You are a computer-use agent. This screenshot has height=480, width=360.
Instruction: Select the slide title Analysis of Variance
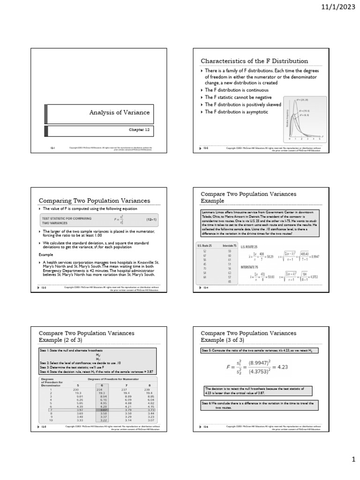pyautogui.click(x=120, y=112)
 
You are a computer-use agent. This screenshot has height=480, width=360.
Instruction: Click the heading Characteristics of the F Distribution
pyautogui.click(x=255, y=61)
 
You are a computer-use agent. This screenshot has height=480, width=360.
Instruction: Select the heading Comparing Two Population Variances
pyautogui.click(x=94, y=201)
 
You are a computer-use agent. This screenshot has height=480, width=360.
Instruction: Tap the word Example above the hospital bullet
pyautogui.click(x=46, y=255)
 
